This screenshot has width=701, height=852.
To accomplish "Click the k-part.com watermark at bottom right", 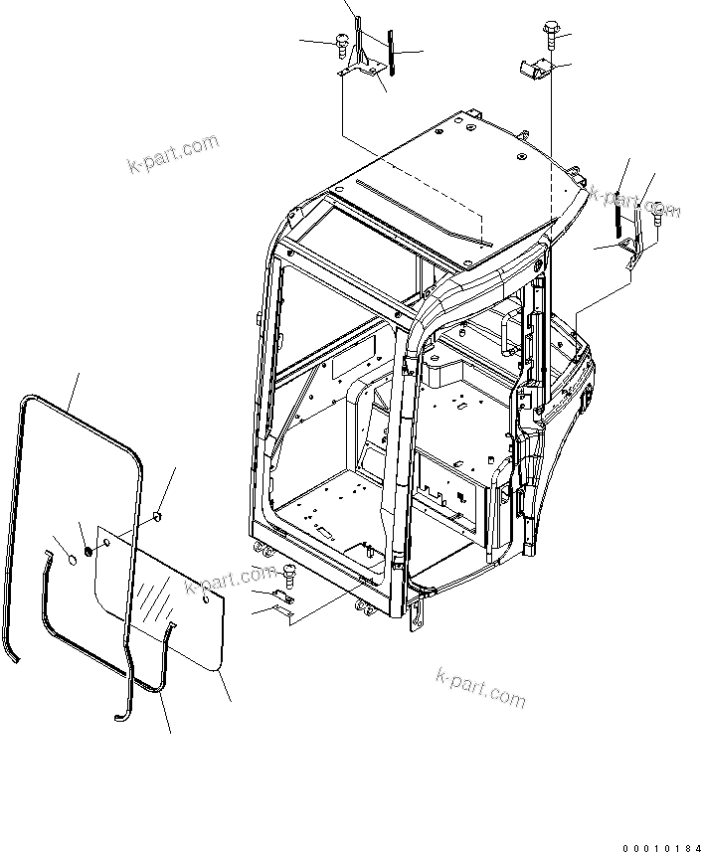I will coord(480,689).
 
